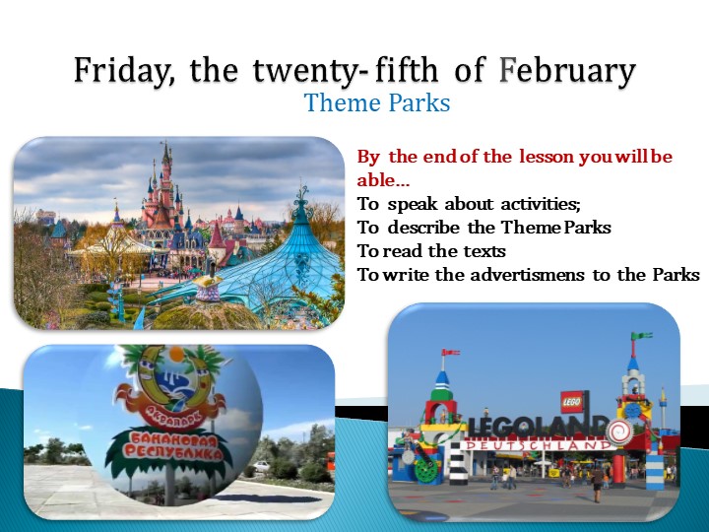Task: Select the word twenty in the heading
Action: click(x=292, y=72)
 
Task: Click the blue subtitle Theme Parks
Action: click(x=377, y=102)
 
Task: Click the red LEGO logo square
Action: click(x=572, y=402)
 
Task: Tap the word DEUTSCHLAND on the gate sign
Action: click(x=537, y=445)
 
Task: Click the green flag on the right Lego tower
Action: click(x=641, y=336)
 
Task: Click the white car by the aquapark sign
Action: click(x=261, y=466)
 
